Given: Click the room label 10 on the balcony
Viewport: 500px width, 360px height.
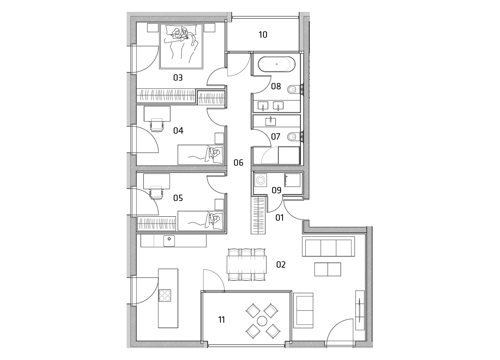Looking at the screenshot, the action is point(263,35).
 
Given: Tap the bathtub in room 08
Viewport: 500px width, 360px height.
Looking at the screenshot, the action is point(277,64).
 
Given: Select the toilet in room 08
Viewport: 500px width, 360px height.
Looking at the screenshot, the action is point(293,90).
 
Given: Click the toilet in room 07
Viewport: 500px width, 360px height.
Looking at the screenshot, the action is point(293,137).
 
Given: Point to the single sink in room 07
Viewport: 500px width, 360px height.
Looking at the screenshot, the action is point(271,122).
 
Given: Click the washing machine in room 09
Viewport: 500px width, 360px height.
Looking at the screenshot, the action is point(260,180).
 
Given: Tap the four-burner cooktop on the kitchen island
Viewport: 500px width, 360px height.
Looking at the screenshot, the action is point(165,295).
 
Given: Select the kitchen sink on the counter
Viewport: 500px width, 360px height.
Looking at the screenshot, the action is point(169,241).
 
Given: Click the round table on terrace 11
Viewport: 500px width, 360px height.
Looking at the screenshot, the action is point(262,321).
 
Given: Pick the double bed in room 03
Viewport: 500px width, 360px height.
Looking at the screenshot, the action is point(181,46).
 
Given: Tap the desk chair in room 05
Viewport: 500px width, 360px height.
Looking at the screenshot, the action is point(156,192).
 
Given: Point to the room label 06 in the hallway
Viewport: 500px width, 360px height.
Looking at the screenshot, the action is point(238,163).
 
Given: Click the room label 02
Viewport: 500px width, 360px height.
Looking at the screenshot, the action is point(281,265).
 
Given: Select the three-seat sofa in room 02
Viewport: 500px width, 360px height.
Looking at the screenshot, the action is point(328,246).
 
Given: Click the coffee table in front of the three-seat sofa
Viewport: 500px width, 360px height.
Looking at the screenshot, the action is point(328,269).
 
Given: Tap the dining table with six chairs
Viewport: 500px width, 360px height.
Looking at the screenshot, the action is point(247,265).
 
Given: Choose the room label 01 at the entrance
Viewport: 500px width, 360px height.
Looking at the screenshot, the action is point(279,218).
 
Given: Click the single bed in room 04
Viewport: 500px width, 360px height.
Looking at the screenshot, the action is point(201,155).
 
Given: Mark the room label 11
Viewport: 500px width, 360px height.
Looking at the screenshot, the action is point(221,320).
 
